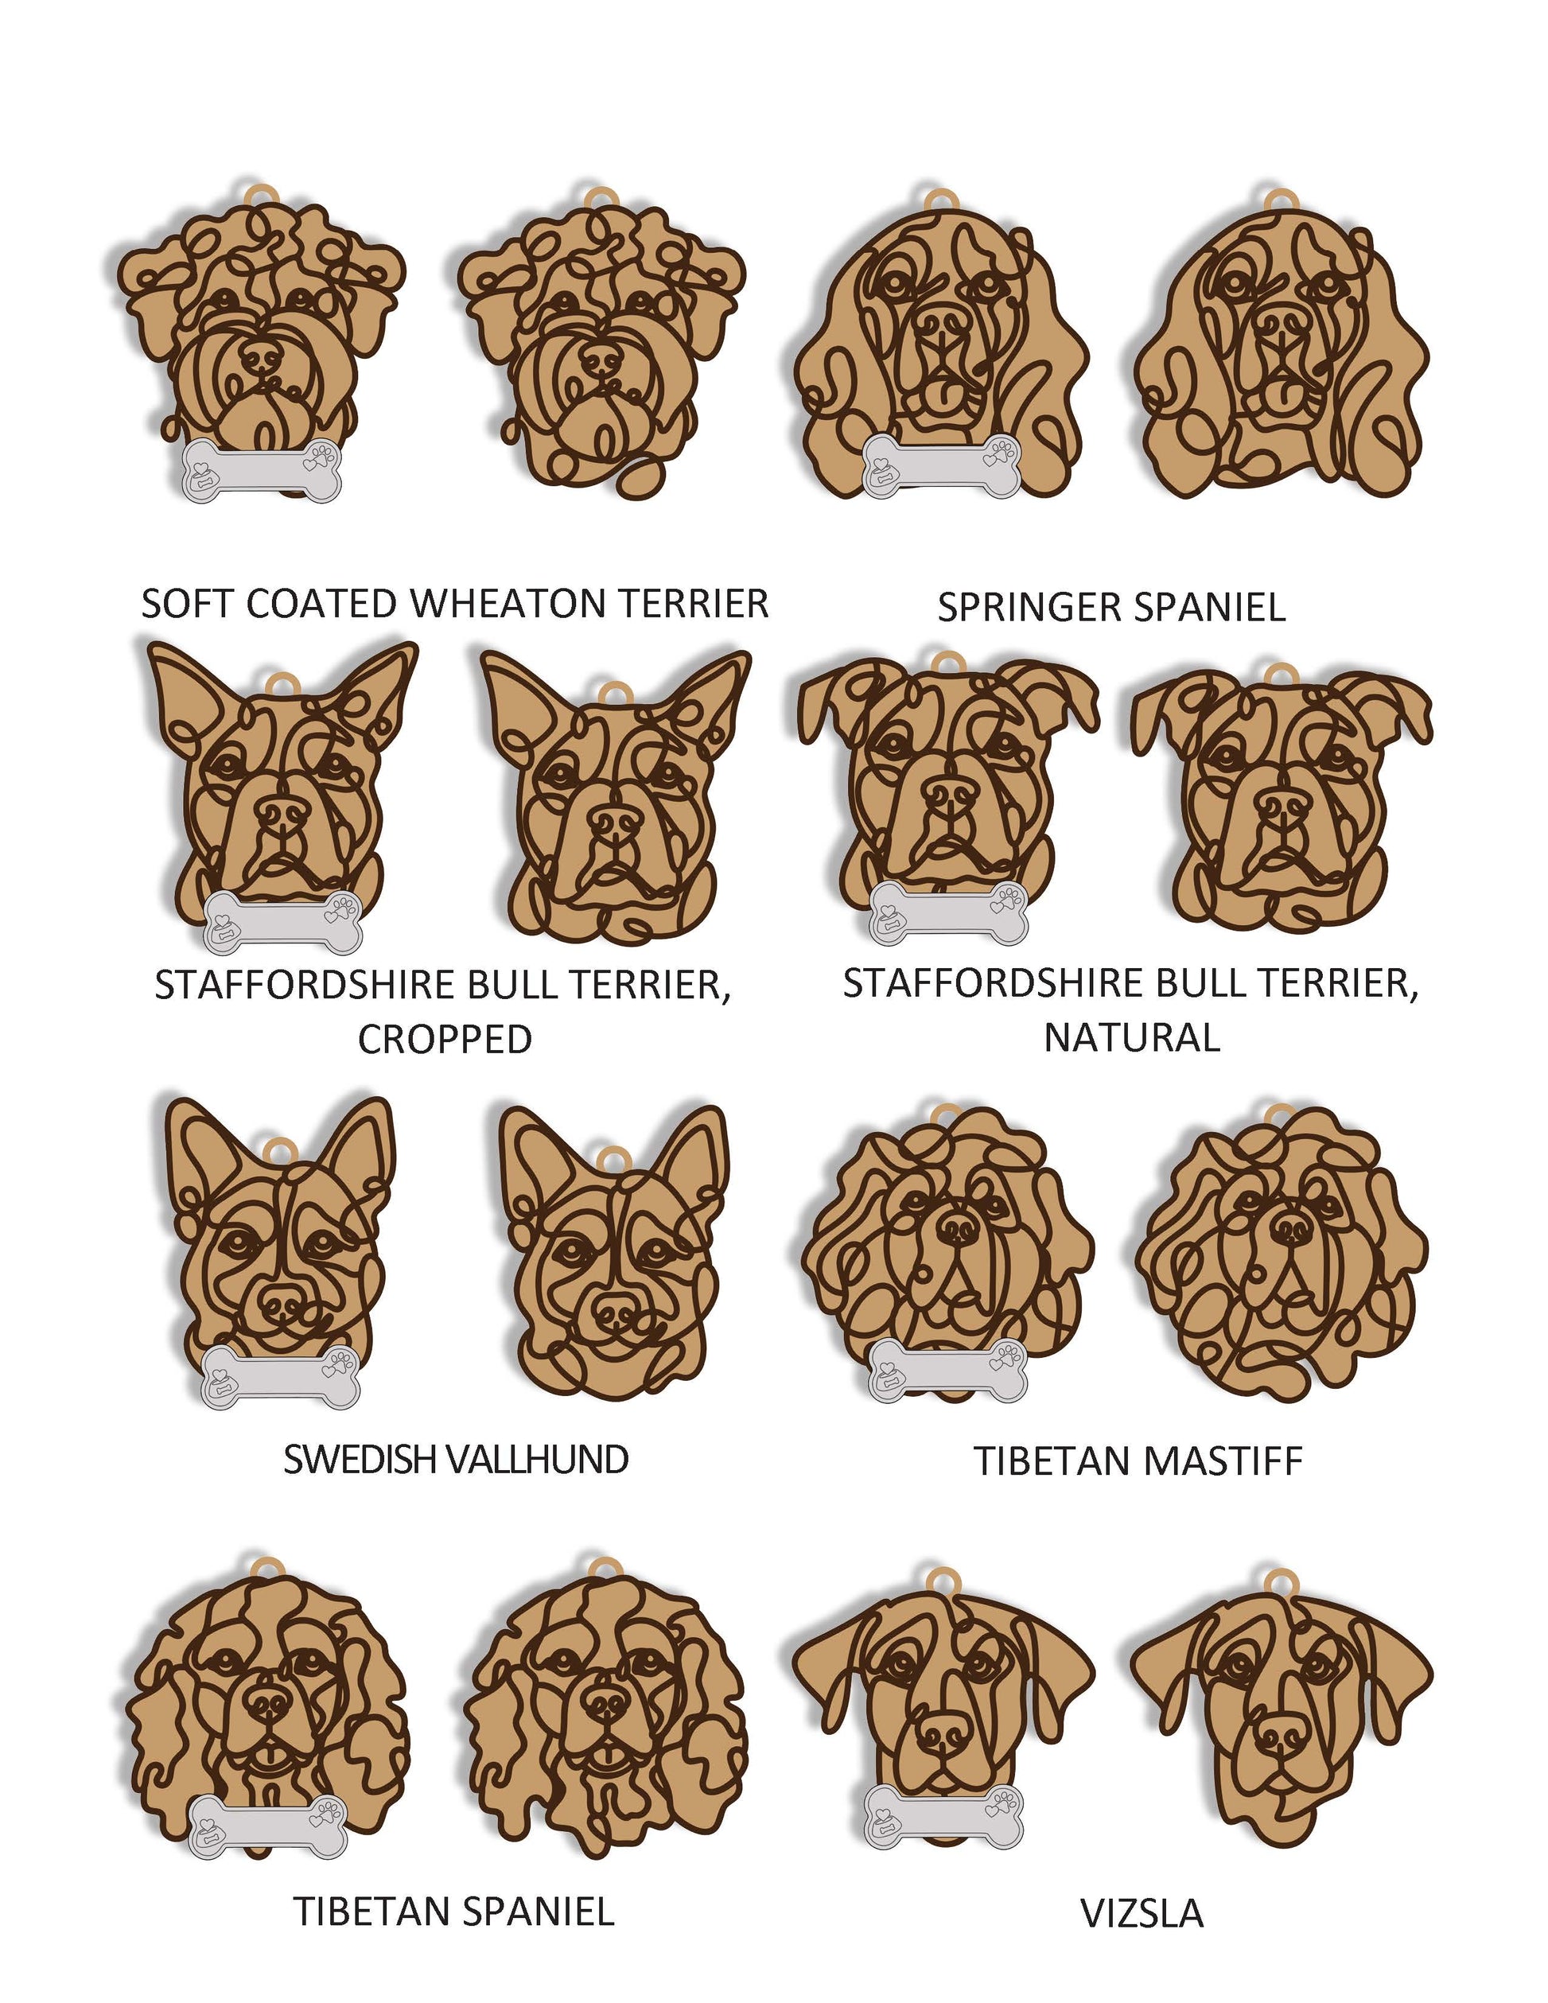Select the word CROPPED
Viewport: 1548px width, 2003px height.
point(445,1039)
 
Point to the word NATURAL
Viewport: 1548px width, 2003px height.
point(1132,1037)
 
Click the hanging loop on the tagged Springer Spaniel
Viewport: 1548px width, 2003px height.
point(941,200)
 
